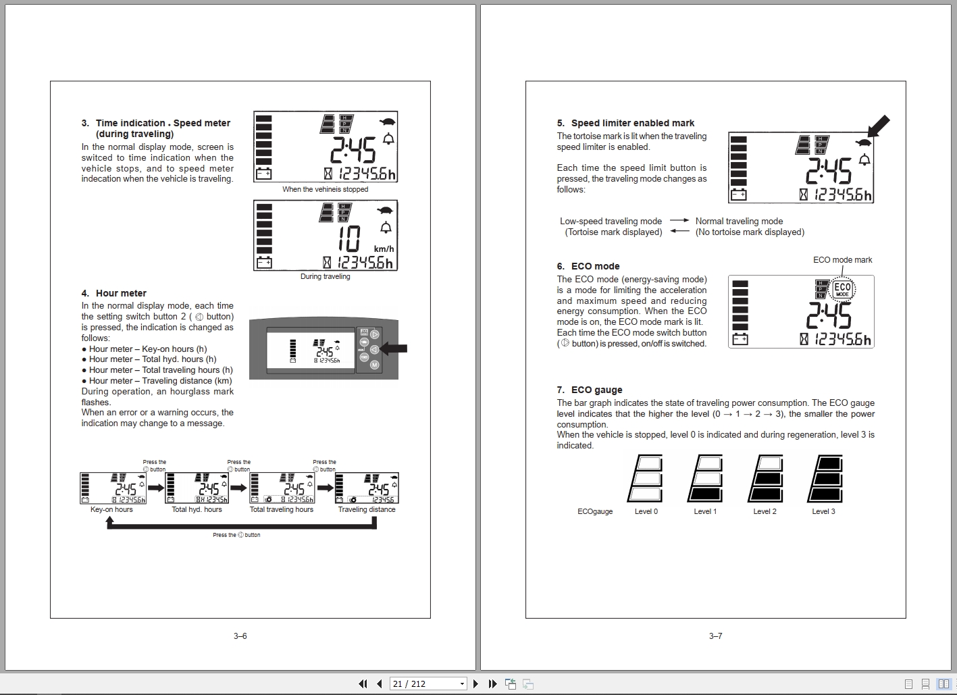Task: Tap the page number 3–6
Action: point(240,636)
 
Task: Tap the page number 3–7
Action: point(715,636)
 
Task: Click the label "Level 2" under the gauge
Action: point(765,511)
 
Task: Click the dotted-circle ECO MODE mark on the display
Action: point(842,290)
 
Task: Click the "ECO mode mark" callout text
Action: point(842,260)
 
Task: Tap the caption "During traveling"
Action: point(325,276)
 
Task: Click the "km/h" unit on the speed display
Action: point(384,249)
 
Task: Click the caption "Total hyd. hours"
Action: point(197,509)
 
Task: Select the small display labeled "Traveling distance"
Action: point(367,488)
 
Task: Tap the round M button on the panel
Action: point(374,365)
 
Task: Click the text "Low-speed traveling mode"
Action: point(611,221)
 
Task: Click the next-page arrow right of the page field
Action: point(475,684)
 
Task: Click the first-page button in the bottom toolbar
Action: point(363,684)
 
